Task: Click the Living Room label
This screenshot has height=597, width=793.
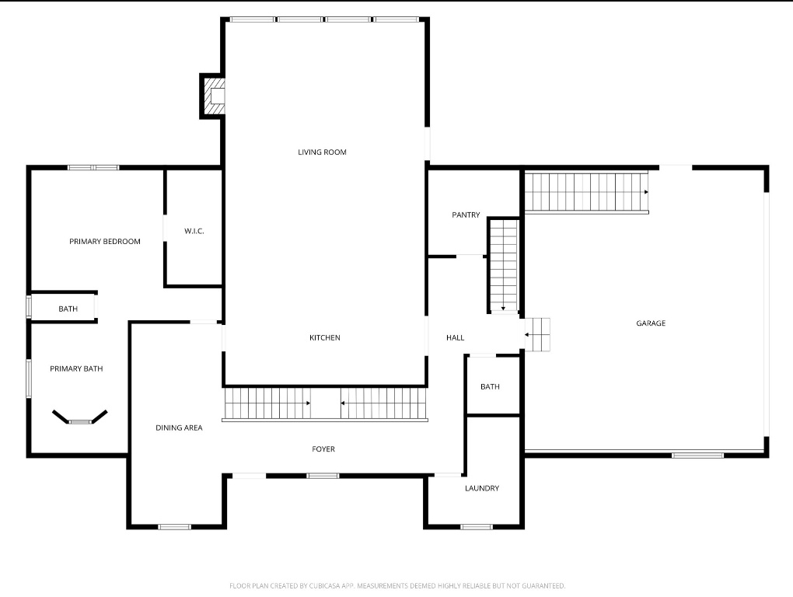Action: point(322,152)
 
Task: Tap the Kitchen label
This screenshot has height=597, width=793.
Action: point(325,337)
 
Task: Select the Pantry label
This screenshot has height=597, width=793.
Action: point(466,215)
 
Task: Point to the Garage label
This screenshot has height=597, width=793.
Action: point(651,323)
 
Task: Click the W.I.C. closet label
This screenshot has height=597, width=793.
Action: point(194,231)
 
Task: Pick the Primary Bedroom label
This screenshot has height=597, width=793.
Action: point(105,242)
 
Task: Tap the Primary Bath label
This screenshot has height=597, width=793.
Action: point(76,369)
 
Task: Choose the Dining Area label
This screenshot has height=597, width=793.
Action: point(179,428)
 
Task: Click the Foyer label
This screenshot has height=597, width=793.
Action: point(323,449)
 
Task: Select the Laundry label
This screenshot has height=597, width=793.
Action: point(482,488)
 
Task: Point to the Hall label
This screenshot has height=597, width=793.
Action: point(455,337)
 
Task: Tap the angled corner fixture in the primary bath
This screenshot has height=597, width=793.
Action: point(80,418)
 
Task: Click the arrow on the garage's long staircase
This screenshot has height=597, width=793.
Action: point(645,192)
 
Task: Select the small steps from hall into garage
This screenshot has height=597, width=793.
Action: point(537,334)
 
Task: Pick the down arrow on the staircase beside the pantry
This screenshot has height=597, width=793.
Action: point(504,308)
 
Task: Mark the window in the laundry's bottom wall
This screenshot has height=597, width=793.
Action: point(477,527)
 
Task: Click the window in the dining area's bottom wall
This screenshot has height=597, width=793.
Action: point(174,527)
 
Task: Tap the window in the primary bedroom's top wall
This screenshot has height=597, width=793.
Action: point(93,167)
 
